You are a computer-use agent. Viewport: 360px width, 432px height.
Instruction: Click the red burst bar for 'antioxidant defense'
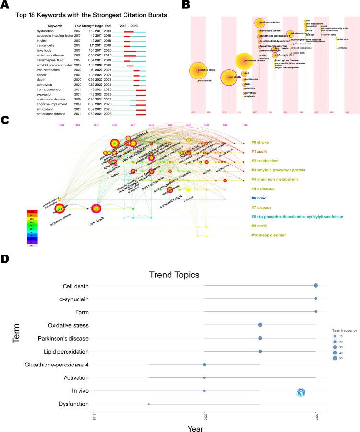click(x=141, y=114)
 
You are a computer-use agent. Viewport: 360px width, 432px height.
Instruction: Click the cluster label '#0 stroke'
click(x=260, y=142)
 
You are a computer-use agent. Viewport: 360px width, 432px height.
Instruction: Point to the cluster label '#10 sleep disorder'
click(x=269, y=235)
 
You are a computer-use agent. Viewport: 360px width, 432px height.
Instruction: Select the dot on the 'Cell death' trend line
click(x=315, y=286)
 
